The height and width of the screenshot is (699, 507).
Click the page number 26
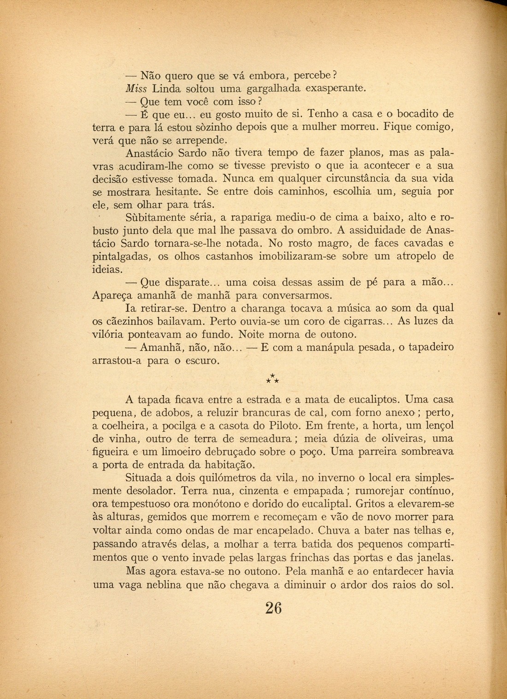point(273,607)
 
